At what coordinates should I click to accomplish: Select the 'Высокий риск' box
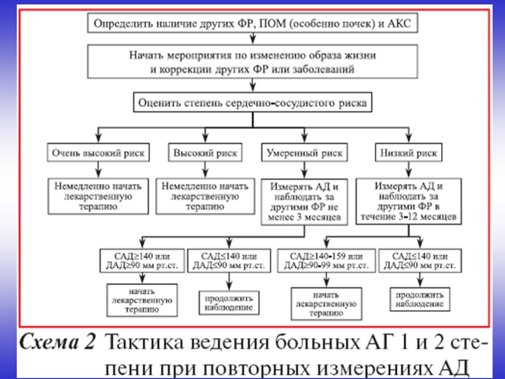click(x=205, y=153)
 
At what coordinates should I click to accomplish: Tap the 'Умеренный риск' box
click(x=304, y=153)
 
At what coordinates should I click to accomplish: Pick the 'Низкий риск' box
click(x=408, y=153)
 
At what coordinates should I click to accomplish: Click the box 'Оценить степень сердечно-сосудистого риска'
click(x=252, y=104)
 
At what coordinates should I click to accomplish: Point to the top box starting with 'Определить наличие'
click(x=252, y=23)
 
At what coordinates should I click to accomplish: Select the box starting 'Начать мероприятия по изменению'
click(x=252, y=61)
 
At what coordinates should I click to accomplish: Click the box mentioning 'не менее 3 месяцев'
click(x=304, y=201)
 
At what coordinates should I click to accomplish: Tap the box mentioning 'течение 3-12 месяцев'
click(x=408, y=201)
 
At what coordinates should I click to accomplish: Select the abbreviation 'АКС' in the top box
click(x=400, y=23)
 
